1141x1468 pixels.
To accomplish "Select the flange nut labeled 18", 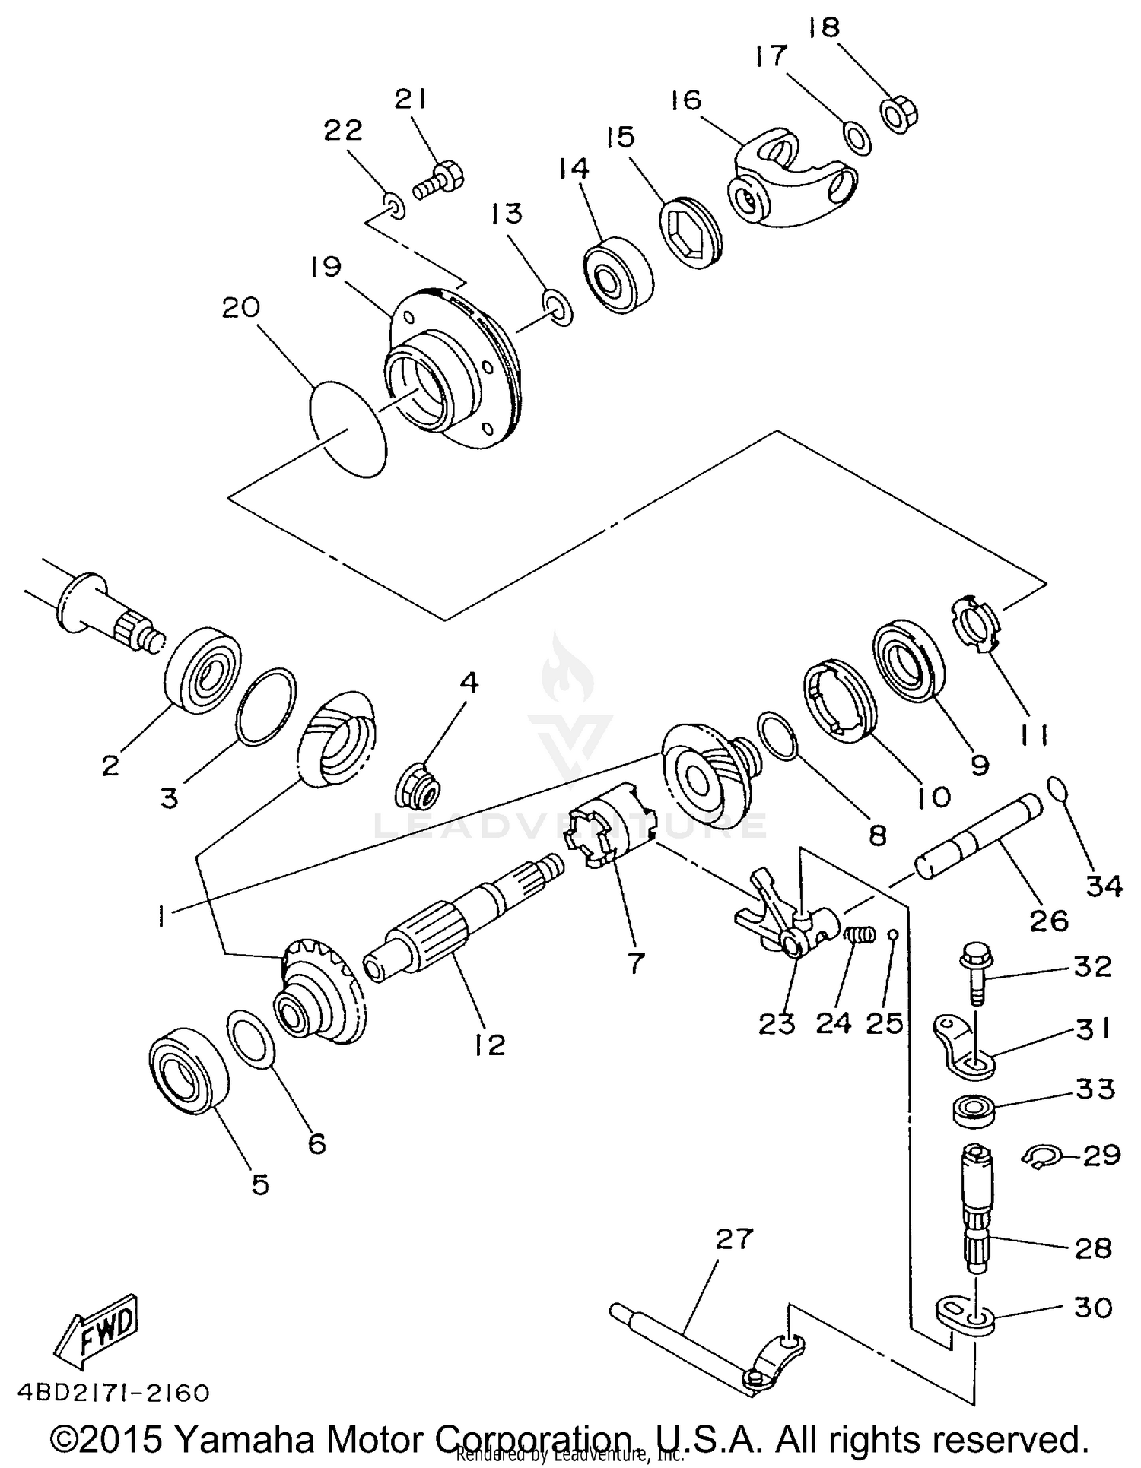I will [x=899, y=115].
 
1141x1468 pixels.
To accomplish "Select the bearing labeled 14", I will [x=618, y=274].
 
